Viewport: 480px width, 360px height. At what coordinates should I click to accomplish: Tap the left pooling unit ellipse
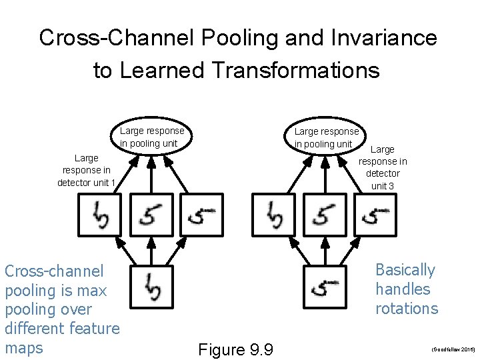151,137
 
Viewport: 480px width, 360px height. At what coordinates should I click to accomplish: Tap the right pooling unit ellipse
327,137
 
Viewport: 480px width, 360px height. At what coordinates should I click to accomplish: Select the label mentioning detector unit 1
86,171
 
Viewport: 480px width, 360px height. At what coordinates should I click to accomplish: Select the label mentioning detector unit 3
383,167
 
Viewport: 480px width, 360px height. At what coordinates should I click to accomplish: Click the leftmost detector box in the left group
99,215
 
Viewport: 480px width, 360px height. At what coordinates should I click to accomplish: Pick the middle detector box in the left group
151,215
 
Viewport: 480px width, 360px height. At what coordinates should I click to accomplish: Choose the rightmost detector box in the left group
202,215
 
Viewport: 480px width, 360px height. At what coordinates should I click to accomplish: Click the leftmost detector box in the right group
273,215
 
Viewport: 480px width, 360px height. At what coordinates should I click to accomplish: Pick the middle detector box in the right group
325,215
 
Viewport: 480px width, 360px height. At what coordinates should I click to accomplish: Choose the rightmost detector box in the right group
375,215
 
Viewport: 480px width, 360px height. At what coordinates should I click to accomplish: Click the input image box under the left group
151,288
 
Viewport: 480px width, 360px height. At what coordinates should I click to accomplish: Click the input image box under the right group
325,288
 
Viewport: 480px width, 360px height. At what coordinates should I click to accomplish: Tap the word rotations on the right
407,309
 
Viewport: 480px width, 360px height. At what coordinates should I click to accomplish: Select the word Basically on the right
405,270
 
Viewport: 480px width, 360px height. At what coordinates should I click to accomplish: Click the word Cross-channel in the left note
54,271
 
